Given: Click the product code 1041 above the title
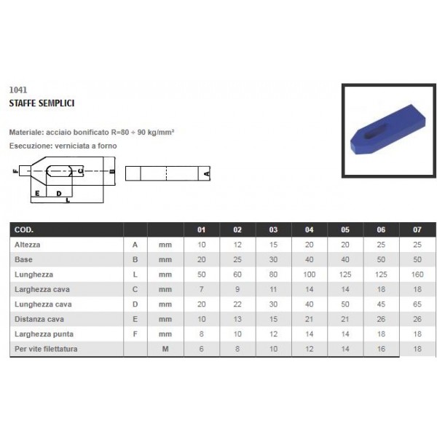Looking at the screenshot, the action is (x=18, y=90).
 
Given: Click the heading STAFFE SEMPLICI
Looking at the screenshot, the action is (x=42, y=103).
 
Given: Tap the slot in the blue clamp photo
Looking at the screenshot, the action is (x=375, y=132).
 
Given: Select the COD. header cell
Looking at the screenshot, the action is (x=24, y=229).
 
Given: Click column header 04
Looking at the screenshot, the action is (x=309, y=229).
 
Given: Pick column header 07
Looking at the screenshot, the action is (x=417, y=229).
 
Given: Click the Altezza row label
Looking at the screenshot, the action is (x=28, y=245).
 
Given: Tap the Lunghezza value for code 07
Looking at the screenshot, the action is (x=417, y=275).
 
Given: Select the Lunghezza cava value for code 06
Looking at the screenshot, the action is (x=381, y=304).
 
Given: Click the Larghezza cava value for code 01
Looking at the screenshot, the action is (x=201, y=289).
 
